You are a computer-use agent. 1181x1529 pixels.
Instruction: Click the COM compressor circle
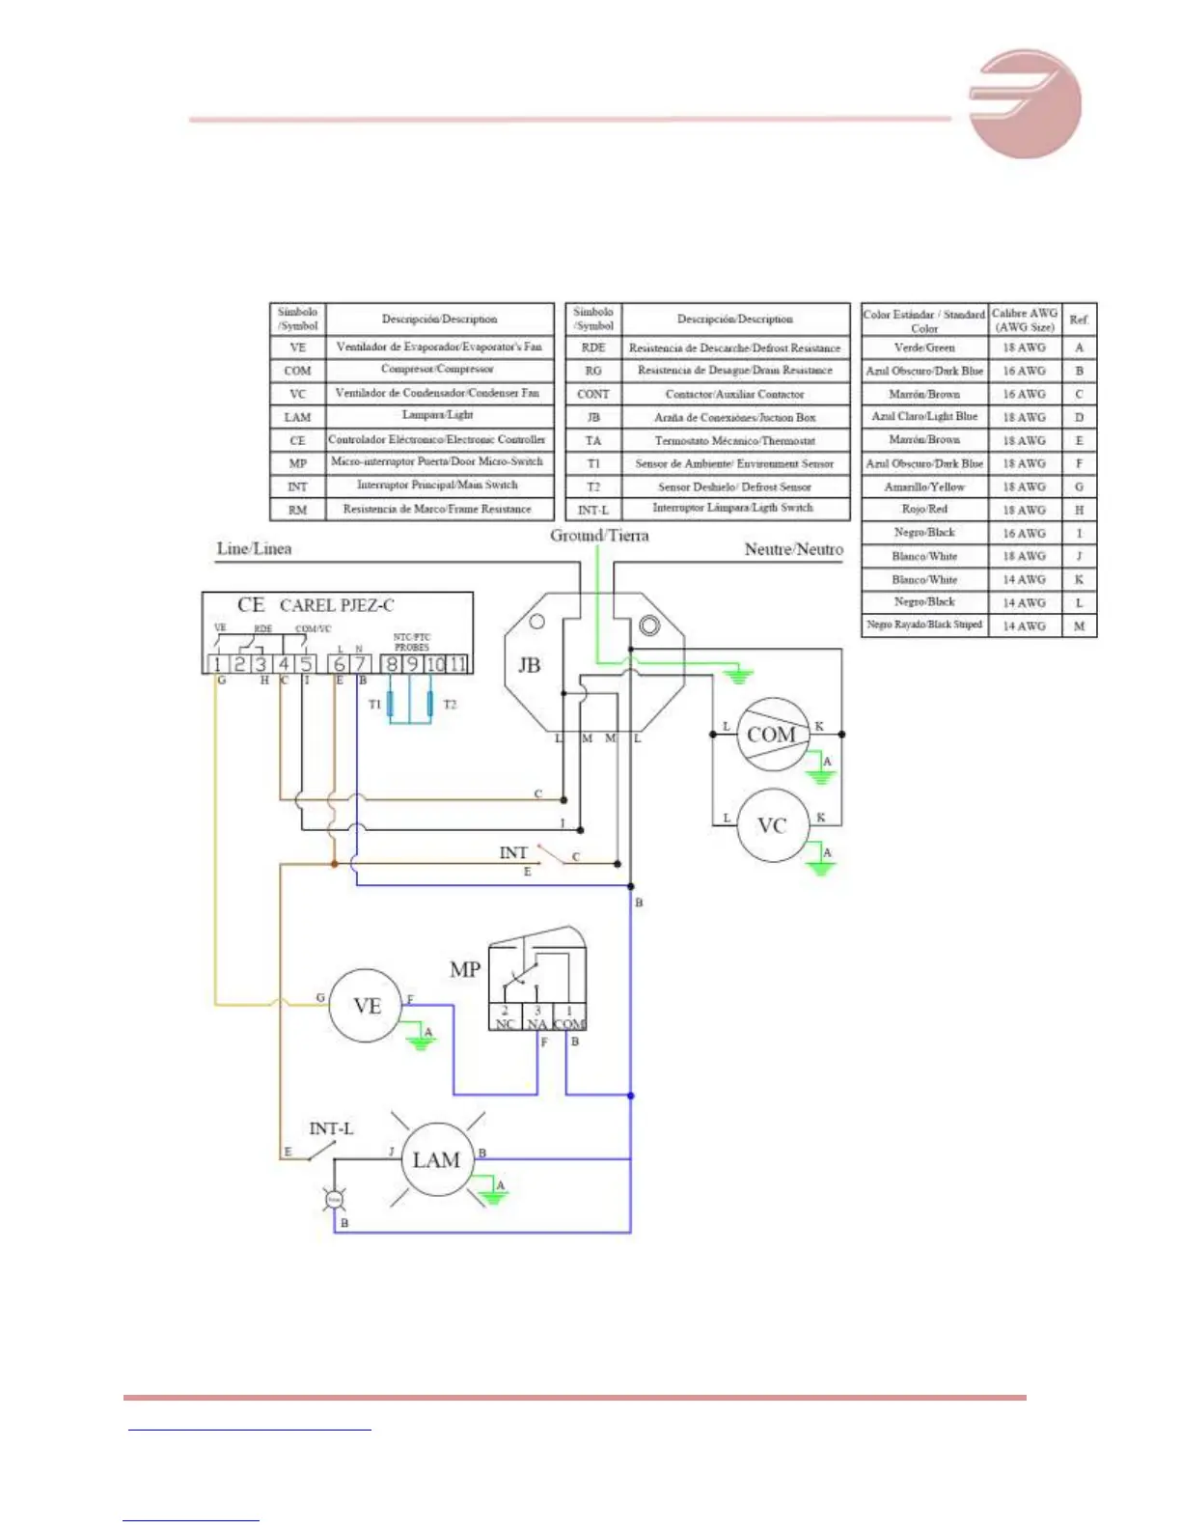[x=772, y=735]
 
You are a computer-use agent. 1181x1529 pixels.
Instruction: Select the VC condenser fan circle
[x=772, y=825]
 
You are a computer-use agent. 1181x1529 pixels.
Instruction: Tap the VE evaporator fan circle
[x=367, y=1006]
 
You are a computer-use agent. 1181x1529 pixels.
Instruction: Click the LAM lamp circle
[x=436, y=1160]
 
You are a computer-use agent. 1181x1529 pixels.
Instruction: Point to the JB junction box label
[x=529, y=665]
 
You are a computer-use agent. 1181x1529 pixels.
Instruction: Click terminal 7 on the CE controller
[x=360, y=664]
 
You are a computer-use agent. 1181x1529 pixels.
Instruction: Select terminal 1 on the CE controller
[x=217, y=664]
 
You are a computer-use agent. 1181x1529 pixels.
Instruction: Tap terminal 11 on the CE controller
[x=457, y=664]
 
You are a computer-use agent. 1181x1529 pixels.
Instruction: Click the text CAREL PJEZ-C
[x=337, y=605]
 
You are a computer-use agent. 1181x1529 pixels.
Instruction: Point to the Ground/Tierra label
[x=599, y=536]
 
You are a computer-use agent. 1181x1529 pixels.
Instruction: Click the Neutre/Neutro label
[x=793, y=549]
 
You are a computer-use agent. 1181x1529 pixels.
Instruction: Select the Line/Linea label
[x=254, y=549]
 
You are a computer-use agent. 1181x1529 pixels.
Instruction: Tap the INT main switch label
[x=513, y=852]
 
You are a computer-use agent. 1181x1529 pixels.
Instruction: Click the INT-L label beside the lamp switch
[x=331, y=1128]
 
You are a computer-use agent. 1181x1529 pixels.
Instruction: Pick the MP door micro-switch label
[x=465, y=969]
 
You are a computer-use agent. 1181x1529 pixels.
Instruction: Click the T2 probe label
[x=450, y=705]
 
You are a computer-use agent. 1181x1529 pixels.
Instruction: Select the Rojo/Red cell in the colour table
[x=924, y=510]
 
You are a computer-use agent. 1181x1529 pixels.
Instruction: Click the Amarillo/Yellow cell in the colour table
[x=924, y=486]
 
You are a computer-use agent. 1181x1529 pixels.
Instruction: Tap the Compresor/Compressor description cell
[x=438, y=370]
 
